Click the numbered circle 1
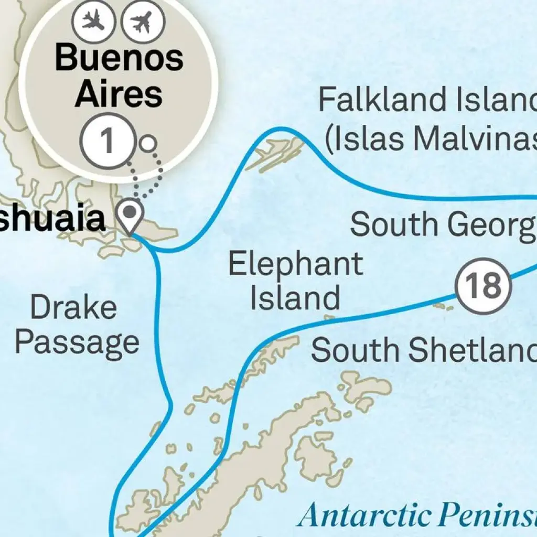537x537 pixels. [x=106, y=142]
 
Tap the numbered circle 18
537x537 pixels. [x=482, y=286]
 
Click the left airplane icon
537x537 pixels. [x=93, y=21]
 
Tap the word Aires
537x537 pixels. [x=118, y=94]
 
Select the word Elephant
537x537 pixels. [x=295, y=264]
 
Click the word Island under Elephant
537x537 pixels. [x=295, y=297]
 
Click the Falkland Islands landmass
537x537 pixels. [x=275, y=152]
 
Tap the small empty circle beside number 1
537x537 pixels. [x=148, y=143]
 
